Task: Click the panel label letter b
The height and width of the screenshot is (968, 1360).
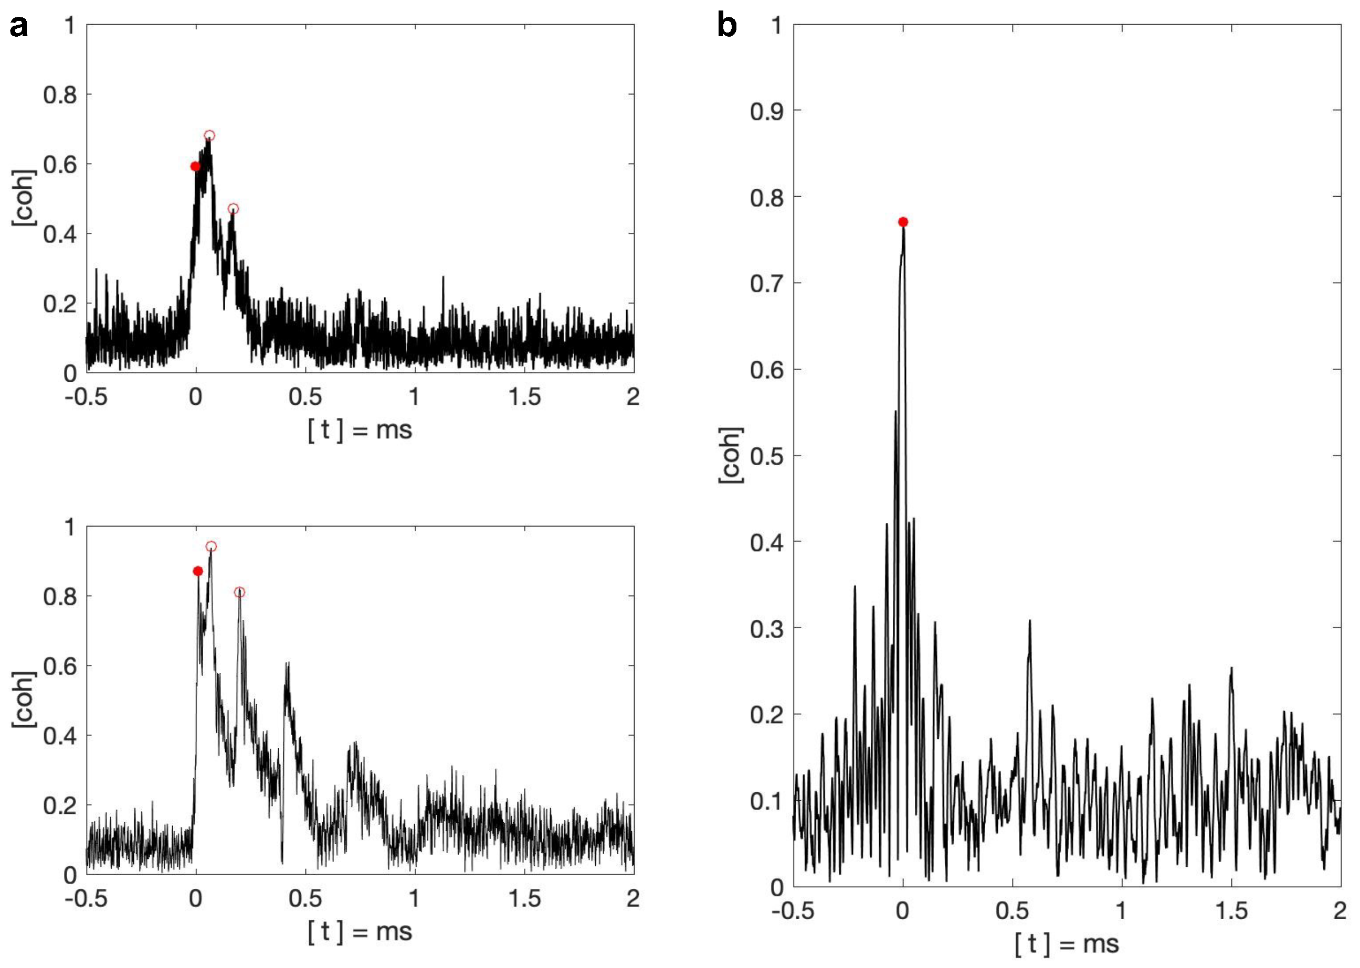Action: (x=726, y=26)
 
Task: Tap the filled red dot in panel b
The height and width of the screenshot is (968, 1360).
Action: (x=903, y=222)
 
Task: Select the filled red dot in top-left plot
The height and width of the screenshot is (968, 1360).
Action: (x=195, y=166)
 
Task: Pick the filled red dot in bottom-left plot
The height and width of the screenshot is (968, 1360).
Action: (x=198, y=571)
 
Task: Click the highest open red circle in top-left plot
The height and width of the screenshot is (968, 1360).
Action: (x=209, y=136)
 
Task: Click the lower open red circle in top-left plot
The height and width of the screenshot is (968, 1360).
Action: (x=233, y=209)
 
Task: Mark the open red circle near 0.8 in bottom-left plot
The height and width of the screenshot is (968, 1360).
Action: (x=239, y=592)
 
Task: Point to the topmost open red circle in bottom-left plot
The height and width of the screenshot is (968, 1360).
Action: (x=211, y=546)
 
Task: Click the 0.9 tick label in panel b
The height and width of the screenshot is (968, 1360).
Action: (x=766, y=111)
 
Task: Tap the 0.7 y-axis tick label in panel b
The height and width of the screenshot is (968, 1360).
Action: (x=766, y=283)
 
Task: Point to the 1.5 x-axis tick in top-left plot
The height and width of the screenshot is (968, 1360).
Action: (x=524, y=397)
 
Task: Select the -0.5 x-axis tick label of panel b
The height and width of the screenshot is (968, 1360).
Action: (x=793, y=911)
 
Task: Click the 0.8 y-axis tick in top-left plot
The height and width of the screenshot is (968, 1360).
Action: (x=60, y=95)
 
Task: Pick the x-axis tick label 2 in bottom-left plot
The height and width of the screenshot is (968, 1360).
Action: (x=633, y=898)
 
